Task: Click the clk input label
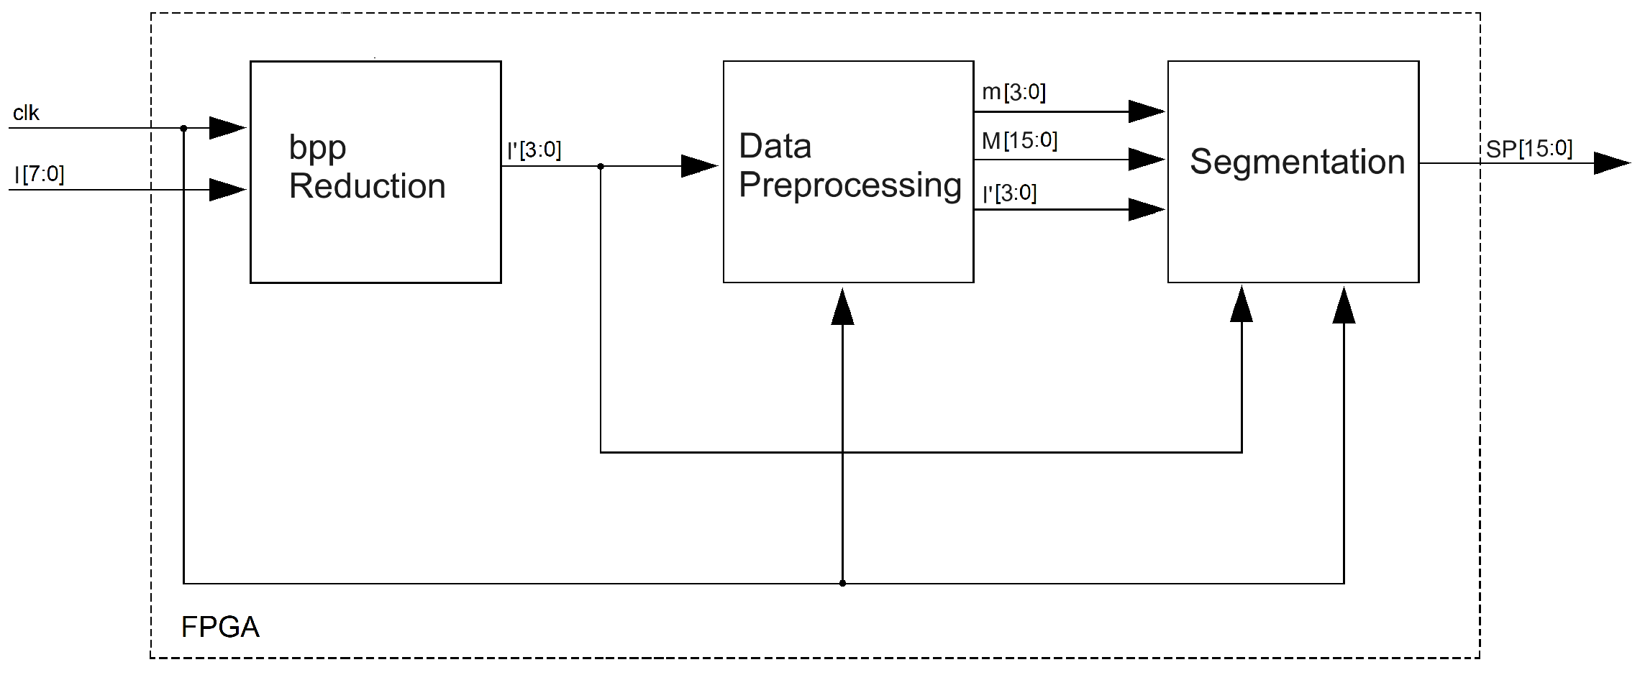[26, 113]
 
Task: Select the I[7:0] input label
[40, 174]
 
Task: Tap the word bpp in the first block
[317, 148]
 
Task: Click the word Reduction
[367, 186]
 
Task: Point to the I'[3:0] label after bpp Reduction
[534, 150]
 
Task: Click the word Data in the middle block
[775, 147]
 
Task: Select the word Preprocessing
[849, 185]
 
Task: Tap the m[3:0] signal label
[1013, 92]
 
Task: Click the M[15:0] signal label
[1019, 141]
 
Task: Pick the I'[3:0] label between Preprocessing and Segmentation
[1009, 193]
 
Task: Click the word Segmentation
[1297, 162]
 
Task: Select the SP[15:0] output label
[1529, 149]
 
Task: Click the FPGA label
[220, 627]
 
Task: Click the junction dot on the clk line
[183, 128]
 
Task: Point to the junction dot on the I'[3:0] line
[601, 166]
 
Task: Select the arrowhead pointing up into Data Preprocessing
[842, 308]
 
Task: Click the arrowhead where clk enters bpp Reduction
[227, 128]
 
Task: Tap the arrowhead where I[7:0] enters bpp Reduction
[227, 190]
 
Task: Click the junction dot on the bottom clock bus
[842, 583]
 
